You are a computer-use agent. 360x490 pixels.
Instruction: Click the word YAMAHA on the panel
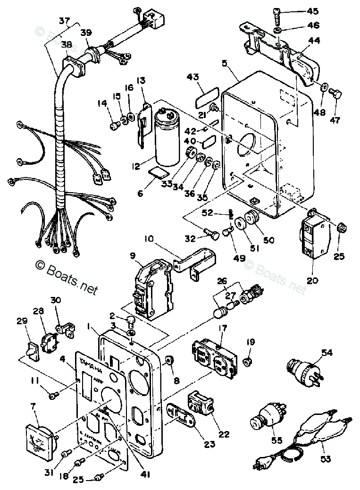click(x=90, y=366)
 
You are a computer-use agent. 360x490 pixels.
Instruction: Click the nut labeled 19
click(x=246, y=363)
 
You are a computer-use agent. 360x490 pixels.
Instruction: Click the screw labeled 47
click(x=335, y=94)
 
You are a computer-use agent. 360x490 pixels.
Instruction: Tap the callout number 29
click(x=21, y=321)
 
